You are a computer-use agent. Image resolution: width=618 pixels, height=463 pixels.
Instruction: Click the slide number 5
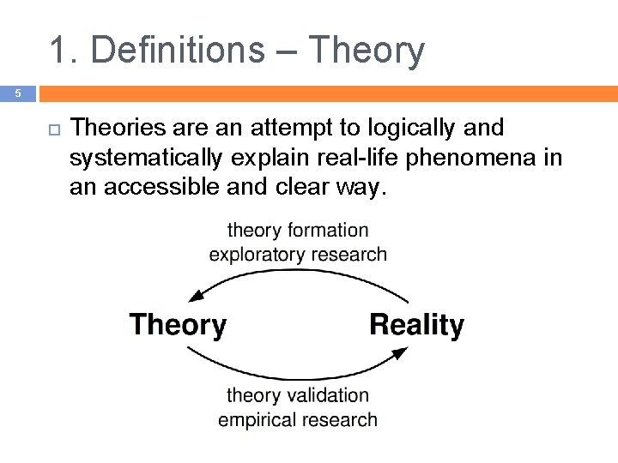[17, 93]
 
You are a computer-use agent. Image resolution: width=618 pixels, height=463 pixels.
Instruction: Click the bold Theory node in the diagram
[178, 325]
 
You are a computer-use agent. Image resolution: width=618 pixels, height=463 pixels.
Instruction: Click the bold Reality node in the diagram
[416, 325]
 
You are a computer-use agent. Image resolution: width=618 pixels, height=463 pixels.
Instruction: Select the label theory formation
[298, 230]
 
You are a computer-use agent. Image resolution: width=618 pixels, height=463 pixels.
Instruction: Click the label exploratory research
[298, 254]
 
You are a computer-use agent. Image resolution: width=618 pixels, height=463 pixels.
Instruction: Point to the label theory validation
[298, 395]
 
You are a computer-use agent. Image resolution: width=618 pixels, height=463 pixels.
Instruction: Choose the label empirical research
[298, 419]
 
